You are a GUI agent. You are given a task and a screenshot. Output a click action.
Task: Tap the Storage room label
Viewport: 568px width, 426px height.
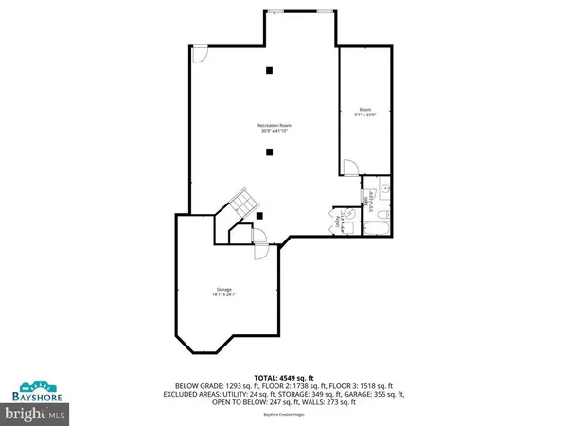click(x=224, y=288)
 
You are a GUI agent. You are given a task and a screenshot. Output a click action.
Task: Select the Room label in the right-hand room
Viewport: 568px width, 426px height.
click(x=364, y=110)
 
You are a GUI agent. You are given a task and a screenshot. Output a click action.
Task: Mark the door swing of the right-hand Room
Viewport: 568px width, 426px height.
click(x=350, y=169)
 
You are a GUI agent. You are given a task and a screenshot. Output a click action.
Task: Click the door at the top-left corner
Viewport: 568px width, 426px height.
click(x=199, y=56)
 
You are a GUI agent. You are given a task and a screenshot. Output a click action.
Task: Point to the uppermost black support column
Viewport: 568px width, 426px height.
click(x=270, y=69)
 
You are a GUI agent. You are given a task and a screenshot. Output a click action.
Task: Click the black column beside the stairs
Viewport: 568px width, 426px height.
click(x=259, y=216)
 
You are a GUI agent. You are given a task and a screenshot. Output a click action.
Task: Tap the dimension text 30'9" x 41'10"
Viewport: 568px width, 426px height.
click(x=273, y=131)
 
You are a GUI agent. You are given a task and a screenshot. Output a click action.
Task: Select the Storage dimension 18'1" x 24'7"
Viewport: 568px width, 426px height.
click(x=224, y=293)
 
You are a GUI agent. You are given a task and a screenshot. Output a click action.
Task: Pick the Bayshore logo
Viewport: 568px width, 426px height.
click(x=34, y=390)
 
